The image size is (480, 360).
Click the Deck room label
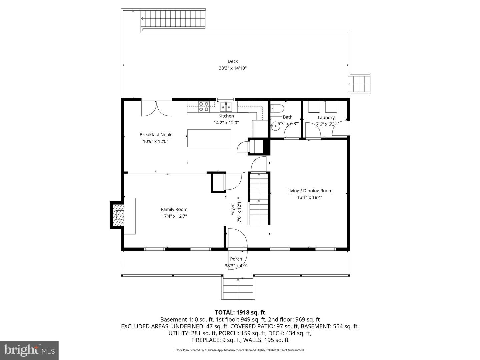point(233,61)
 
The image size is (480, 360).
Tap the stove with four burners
point(204,106)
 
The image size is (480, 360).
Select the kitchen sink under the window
point(226,107)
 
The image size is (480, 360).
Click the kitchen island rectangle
point(209,138)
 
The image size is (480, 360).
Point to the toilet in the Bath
point(277,108)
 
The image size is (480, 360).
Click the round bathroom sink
point(275,126)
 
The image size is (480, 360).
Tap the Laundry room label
point(326,118)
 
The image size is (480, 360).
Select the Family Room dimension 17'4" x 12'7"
point(174,216)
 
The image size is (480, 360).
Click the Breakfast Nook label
point(155,135)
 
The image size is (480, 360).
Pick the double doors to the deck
point(157,108)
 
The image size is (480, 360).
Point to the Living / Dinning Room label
point(310,191)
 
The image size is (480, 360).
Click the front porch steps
point(238,289)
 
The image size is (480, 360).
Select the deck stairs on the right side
point(359,84)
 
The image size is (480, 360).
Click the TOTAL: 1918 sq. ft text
point(240,312)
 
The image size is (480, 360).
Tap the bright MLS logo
point(29,350)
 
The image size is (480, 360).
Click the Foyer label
point(233,210)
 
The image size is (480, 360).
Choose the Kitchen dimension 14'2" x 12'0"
point(226,123)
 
